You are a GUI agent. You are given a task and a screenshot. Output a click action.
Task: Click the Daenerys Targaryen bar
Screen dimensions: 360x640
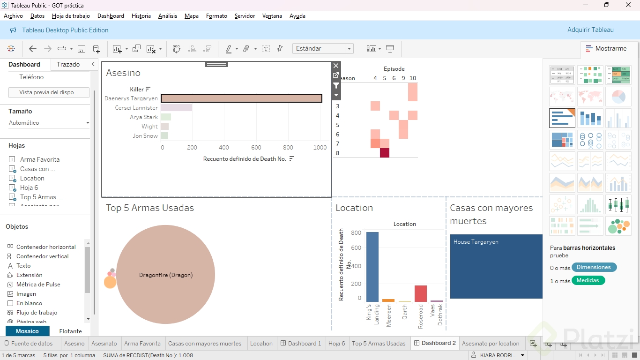click(241, 98)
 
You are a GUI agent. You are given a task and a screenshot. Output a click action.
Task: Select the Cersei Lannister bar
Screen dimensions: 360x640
click(176, 108)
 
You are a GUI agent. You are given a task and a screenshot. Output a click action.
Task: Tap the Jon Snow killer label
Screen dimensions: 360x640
click(145, 136)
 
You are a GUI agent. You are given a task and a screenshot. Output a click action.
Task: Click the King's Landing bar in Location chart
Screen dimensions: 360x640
click(372, 267)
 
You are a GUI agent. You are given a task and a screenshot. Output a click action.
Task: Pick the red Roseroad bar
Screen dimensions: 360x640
click(421, 293)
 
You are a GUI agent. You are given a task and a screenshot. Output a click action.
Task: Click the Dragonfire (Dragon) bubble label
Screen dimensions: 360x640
click(166, 275)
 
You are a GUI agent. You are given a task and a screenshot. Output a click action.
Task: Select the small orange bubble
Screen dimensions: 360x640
click(110, 282)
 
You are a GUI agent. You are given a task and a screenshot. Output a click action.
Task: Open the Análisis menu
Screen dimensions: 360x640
click(168, 16)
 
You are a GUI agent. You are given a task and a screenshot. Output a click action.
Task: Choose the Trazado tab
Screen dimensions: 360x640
click(68, 65)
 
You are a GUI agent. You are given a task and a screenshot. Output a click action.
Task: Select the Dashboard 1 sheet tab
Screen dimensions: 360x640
click(301, 344)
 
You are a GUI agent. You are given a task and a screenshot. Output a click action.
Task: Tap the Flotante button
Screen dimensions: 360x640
click(70, 331)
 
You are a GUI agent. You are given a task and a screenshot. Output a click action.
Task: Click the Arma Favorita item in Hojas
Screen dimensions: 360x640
click(40, 160)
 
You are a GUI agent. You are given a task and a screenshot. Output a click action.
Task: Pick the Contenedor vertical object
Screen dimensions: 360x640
click(42, 256)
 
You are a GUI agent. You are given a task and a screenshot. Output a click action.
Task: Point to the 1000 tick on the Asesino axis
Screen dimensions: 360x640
click(320, 148)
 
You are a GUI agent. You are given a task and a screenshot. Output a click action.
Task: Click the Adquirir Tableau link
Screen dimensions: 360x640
click(590, 30)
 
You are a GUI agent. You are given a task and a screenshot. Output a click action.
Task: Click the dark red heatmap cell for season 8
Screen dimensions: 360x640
click(385, 153)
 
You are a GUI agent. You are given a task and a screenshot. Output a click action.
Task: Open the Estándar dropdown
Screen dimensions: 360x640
click(323, 49)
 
